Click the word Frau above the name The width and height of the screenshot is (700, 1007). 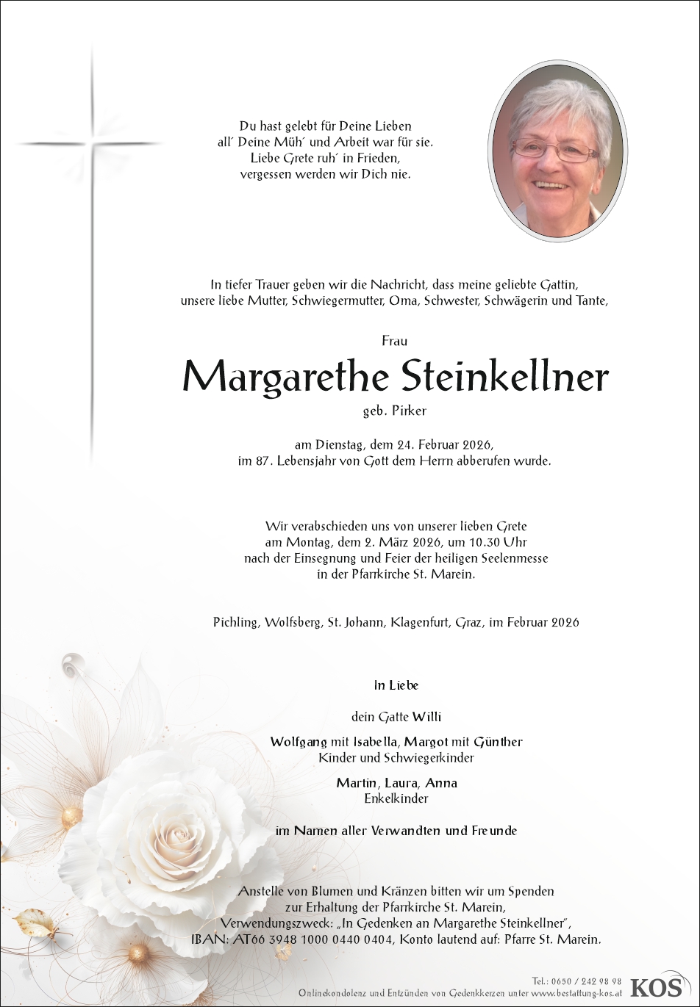coord(395,341)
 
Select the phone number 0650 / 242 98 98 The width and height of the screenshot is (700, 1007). coord(586,981)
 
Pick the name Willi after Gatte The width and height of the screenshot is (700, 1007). coord(427,717)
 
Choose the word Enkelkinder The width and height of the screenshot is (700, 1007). coord(396,798)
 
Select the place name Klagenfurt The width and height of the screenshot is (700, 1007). coord(412,622)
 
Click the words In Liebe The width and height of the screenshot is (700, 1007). coord(396,685)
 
